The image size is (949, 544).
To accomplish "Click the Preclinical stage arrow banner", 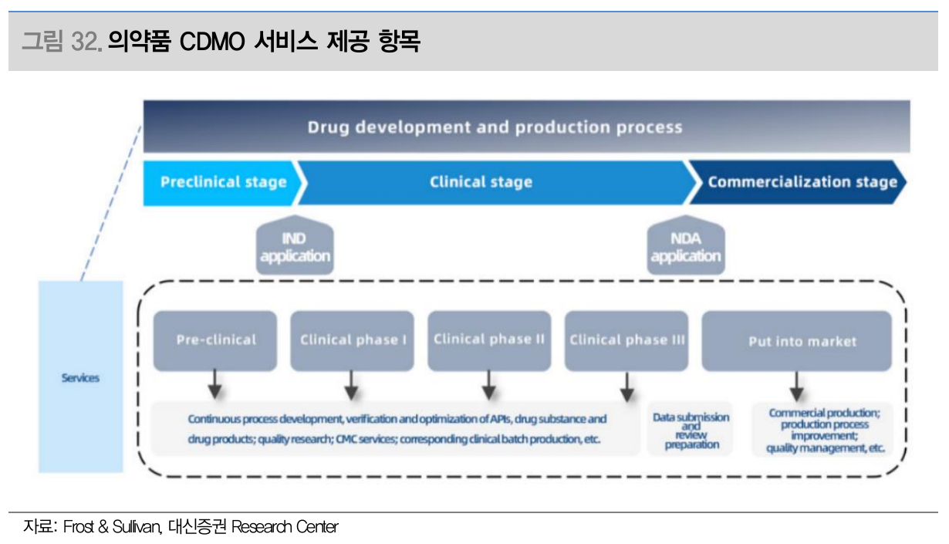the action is click(222, 183).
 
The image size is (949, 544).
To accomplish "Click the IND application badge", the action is click(295, 245).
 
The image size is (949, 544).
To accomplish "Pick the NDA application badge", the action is click(686, 245).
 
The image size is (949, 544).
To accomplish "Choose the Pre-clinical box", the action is click(215, 341).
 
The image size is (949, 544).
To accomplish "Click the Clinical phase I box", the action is click(352, 341).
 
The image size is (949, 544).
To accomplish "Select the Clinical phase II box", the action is click(489, 341).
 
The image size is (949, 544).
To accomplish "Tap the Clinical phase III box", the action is click(626, 341).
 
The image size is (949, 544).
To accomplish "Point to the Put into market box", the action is click(797, 341).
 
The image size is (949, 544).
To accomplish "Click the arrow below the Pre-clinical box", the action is click(214, 384).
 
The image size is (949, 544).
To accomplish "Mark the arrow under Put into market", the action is click(796, 387).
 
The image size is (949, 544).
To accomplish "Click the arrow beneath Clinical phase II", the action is click(489, 385).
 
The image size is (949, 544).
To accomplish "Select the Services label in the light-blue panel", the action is click(80, 378).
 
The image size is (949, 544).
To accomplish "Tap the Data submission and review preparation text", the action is click(691, 431).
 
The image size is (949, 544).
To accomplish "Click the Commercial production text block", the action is click(825, 431).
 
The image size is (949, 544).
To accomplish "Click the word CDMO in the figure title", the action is click(212, 42).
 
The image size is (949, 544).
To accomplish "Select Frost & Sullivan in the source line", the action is click(113, 527).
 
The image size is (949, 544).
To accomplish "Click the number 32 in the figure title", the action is click(85, 42).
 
